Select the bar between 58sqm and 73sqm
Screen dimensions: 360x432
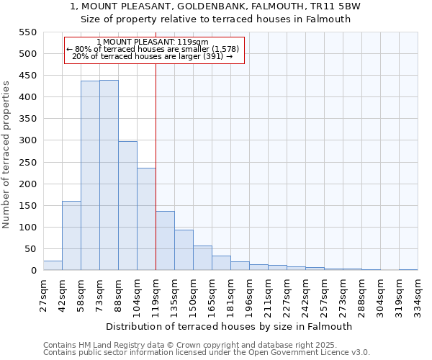tap(90, 176)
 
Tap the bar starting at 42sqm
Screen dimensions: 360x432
tap(71, 235)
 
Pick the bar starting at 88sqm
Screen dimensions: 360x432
tap(127, 206)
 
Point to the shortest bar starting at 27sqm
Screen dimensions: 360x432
tap(53, 266)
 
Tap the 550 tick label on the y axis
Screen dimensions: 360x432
tap(27, 32)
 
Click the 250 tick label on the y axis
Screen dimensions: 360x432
tap(27, 163)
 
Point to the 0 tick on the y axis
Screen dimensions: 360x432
tap(33, 271)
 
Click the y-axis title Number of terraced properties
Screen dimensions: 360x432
tap(6, 155)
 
